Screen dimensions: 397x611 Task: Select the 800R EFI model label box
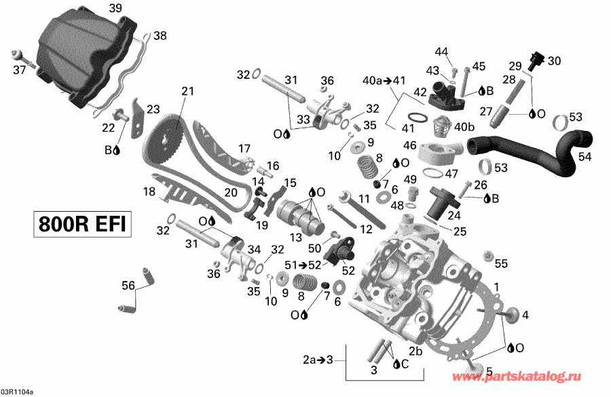click(x=80, y=225)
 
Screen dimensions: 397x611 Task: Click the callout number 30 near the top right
click(x=555, y=60)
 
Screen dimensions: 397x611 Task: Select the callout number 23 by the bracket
click(x=153, y=109)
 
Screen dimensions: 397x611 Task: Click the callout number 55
click(x=501, y=263)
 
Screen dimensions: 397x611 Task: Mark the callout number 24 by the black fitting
click(x=453, y=216)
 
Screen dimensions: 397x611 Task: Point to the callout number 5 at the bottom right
click(x=488, y=371)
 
